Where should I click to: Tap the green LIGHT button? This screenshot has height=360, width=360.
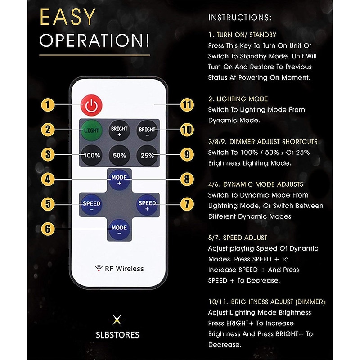(x=91, y=130)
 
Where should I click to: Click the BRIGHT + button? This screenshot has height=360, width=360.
(x=119, y=130)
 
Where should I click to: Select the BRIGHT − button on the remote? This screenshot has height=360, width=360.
(x=147, y=130)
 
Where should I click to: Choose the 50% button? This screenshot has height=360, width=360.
(x=119, y=155)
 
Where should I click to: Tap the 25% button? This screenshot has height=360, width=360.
(x=147, y=155)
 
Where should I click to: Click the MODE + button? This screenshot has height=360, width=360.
(x=119, y=180)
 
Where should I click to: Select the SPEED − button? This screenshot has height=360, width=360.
(x=91, y=205)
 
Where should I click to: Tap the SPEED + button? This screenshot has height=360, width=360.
(x=147, y=205)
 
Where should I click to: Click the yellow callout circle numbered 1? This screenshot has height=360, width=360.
(x=48, y=105)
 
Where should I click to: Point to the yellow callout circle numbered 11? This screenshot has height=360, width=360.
(x=187, y=105)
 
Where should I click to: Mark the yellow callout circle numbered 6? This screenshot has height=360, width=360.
(x=48, y=229)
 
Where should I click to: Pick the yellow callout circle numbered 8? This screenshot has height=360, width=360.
(x=187, y=179)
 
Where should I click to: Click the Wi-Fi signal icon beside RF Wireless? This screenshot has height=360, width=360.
(x=99, y=268)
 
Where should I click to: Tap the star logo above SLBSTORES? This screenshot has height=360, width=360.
(x=117, y=319)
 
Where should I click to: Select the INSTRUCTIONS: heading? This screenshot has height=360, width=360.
(x=240, y=18)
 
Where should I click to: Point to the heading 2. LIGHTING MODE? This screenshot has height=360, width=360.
(x=238, y=99)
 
